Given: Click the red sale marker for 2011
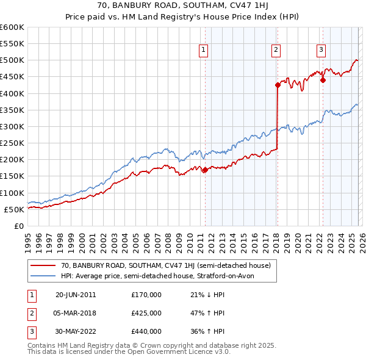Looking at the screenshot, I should (205, 170).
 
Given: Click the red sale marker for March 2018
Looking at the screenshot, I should (278, 85).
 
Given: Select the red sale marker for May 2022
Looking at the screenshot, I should (323, 79).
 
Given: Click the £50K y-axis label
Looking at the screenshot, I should (14, 209).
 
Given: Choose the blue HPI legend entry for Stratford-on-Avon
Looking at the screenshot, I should (160, 276).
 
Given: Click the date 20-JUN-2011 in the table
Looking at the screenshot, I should (76, 295).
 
